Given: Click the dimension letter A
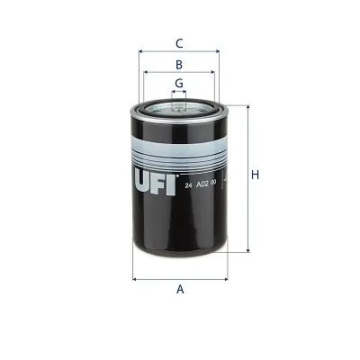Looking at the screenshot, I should (x=180, y=289).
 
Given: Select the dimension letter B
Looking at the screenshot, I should (x=179, y=65).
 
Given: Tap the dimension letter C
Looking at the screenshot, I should (x=179, y=42).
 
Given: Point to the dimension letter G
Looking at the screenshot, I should (x=179, y=83).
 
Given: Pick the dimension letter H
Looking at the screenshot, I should (x=255, y=175).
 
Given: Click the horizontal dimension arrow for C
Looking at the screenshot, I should (x=179, y=51).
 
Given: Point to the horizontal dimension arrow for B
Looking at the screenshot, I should (x=179, y=73).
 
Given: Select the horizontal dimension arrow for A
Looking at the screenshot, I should (x=180, y=279).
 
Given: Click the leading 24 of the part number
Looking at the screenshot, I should (x=187, y=184).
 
